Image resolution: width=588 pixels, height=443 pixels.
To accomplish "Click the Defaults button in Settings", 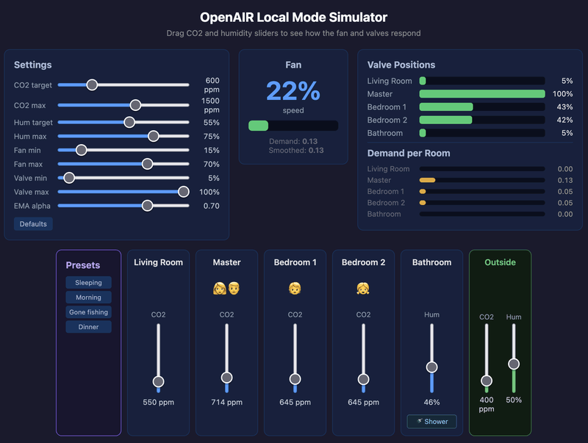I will pos(33,224).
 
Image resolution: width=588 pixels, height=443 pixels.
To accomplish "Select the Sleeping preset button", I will pos(88,283).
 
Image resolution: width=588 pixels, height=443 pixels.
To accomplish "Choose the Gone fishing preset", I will pos(88,312).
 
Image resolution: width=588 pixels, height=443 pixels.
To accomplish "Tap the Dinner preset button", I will pos(88,327).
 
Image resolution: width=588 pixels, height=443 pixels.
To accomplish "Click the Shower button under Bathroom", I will pos(432,422).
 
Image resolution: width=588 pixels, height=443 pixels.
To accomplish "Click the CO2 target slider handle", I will pos(92,84).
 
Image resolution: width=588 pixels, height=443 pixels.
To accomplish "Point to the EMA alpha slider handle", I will pos(147,206).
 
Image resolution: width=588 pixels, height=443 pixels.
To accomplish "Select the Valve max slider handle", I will pos(184,192).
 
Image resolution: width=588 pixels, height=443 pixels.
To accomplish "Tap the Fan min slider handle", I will pos(82,150).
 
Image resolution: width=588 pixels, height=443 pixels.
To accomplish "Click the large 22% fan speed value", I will pos(293,91).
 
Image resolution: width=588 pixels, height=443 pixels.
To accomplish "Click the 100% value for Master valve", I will pos(562,94).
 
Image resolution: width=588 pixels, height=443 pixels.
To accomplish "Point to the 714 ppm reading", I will pos(226,403).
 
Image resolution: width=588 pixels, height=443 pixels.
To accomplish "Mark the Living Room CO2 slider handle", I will pos(158,381).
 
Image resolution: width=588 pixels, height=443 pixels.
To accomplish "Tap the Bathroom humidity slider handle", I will pos(431,367).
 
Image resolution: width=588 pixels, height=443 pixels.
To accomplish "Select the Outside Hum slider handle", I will pos(514,364).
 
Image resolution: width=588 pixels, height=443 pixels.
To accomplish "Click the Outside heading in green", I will pos(500,262).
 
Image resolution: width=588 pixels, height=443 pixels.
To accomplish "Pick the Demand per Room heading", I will pos(409,153).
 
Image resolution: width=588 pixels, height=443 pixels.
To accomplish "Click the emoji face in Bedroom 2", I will pos(363,288).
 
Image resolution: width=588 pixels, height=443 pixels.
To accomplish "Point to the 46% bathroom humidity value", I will pos(431,403).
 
